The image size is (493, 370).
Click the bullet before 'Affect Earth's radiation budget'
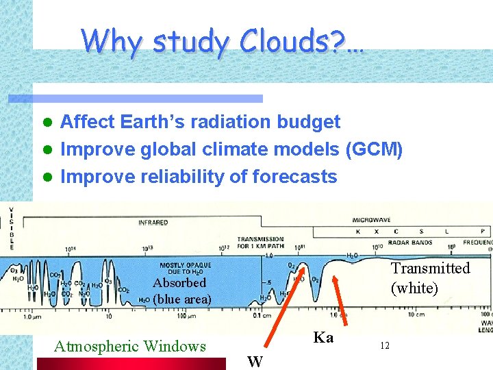[47, 123]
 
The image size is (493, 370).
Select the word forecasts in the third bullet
[294, 177]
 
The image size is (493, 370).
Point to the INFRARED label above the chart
[153, 222]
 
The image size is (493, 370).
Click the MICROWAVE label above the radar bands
[372, 221]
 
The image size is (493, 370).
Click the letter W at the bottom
[255, 361]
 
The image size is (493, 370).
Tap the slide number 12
[384, 346]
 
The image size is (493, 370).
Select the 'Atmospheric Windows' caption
[129, 346]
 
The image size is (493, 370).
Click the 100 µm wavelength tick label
[186, 317]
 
